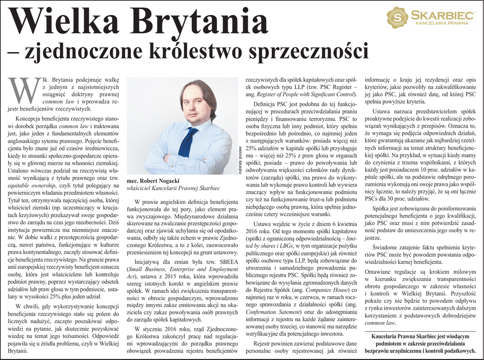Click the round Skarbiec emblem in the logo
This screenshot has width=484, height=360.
(x=398, y=17)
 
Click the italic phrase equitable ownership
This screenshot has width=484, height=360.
(x=30, y=185)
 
